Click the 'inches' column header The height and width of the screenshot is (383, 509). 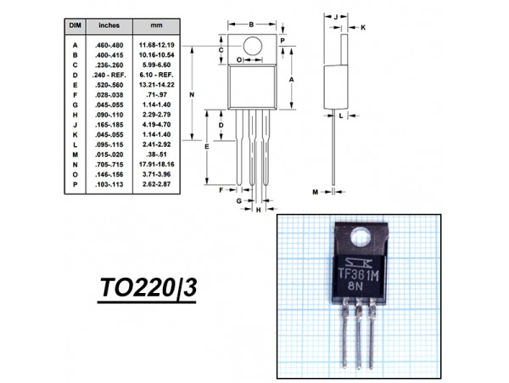[109, 26]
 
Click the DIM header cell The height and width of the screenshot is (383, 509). [74, 26]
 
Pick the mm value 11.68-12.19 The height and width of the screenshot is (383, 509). [157, 44]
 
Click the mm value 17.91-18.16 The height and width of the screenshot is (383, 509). [157, 164]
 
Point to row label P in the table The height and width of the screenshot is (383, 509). [75, 184]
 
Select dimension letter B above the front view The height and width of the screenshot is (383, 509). [252, 24]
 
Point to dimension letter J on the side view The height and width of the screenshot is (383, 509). [336, 16]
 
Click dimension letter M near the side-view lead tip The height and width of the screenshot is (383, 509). [315, 193]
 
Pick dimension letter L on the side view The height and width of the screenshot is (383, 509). [340, 115]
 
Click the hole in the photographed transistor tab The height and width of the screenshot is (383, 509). [361, 237]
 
